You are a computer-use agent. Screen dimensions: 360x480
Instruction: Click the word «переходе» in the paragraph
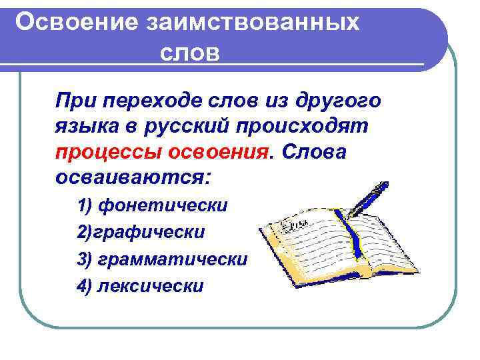(x=161, y=101)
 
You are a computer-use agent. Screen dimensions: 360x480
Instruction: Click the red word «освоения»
(x=218, y=151)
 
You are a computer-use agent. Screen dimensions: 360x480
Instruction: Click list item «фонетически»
(x=163, y=205)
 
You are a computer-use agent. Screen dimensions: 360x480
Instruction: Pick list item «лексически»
(x=150, y=286)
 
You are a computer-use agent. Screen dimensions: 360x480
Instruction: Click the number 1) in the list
(x=85, y=205)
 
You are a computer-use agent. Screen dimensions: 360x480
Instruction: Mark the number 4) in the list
(x=85, y=286)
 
